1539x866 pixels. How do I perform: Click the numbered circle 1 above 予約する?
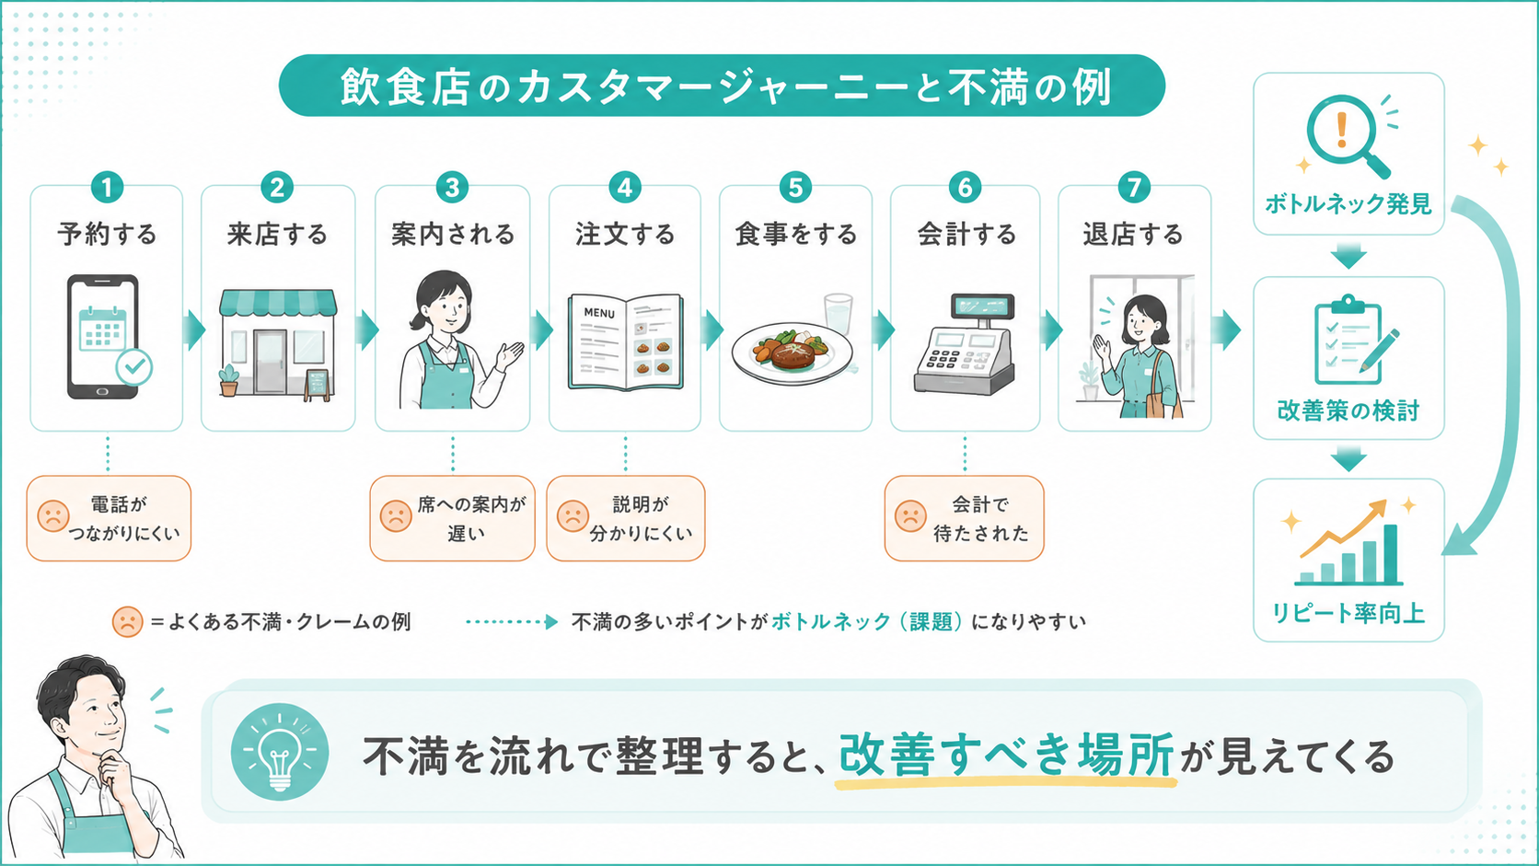(107, 187)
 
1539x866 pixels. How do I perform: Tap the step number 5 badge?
(795, 187)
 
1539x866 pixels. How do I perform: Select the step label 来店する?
(278, 234)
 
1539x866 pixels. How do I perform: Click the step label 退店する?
(1134, 234)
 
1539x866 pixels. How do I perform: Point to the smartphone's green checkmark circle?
(134, 367)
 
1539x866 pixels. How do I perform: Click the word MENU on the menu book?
(599, 313)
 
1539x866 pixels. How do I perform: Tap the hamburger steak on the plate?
(793, 355)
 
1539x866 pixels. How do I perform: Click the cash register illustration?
(965, 344)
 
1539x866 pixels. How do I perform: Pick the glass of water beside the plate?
(839, 314)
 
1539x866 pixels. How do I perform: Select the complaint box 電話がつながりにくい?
(109, 518)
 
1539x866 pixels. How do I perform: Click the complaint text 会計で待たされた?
(980, 519)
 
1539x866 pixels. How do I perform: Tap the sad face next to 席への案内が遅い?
(395, 516)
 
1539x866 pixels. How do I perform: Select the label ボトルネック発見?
(1348, 204)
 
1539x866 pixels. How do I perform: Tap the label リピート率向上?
(1348, 613)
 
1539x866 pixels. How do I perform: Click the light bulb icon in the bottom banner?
(280, 752)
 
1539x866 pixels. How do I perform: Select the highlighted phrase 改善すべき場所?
(1006, 755)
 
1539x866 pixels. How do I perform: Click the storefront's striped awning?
(278, 303)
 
